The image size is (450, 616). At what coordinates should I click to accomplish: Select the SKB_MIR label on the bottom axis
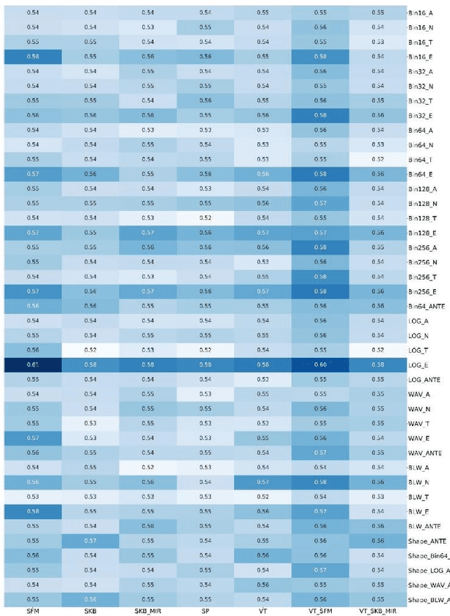point(148,612)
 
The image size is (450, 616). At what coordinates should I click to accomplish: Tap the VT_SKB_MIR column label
point(378,612)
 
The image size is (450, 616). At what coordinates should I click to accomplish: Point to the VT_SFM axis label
point(320,612)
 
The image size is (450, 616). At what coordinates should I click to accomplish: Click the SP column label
point(205,612)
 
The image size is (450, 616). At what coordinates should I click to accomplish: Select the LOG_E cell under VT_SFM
point(320,365)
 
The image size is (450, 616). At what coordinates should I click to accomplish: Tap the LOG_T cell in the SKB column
point(90,350)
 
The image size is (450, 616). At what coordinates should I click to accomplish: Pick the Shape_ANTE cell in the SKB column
point(90,541)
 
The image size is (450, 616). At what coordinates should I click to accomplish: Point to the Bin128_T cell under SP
point(205,218)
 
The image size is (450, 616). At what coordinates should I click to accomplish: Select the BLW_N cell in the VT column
point(262,482)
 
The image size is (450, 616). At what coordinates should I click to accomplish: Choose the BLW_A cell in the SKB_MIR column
point(148,468)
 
